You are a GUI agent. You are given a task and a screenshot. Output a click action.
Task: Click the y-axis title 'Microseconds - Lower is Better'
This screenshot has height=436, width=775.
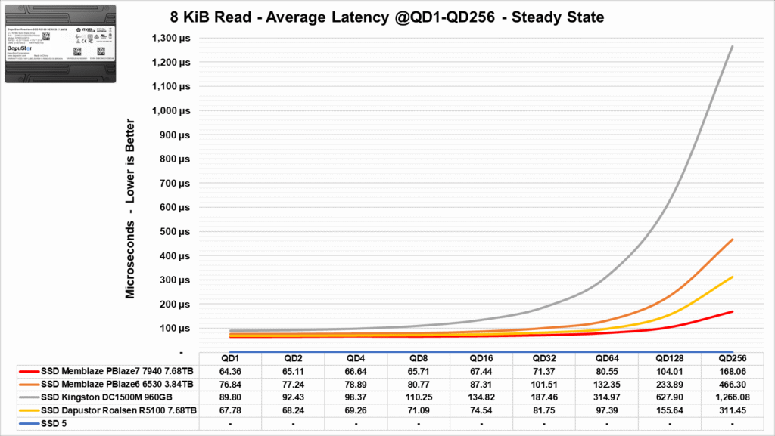point(130,208)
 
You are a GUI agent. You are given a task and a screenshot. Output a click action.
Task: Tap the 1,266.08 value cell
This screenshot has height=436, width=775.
point(732,397)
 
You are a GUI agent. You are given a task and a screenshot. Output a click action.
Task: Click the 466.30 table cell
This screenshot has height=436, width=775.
point(732,385)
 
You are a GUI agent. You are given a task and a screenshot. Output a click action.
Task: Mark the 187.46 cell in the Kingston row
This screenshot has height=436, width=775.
point(546,397)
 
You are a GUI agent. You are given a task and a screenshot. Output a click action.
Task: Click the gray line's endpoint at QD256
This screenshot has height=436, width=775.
point(732,46)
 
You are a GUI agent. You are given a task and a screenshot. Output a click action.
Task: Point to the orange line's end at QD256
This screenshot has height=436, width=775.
point(732,240)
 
